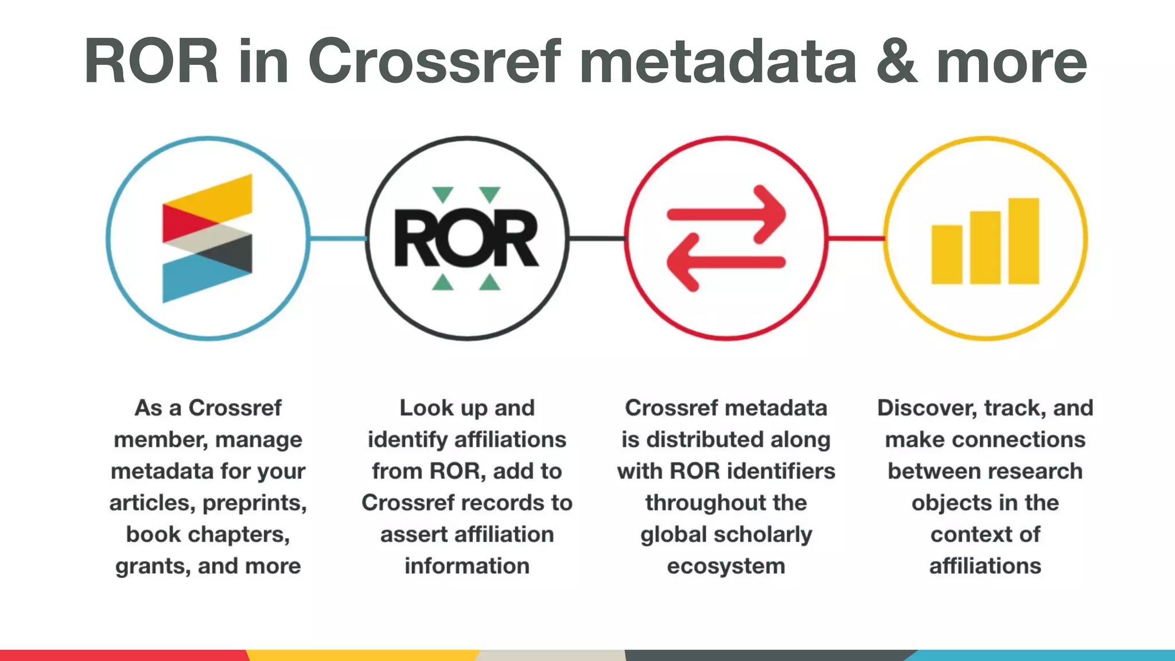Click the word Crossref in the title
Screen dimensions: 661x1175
[434, 61]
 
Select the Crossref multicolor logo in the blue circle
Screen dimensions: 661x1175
[207, 238]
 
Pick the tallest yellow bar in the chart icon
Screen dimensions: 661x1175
[1024, 241]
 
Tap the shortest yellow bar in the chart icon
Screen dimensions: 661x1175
[947, 254]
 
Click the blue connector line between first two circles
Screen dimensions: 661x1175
[337, 238]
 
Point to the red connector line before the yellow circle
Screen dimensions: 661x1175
[856, 238]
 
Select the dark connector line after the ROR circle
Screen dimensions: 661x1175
[597, 238]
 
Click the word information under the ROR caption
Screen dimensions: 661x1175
[467, 566]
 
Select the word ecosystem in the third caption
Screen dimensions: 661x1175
[726, 566]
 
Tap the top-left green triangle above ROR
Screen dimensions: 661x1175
[443, 195]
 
